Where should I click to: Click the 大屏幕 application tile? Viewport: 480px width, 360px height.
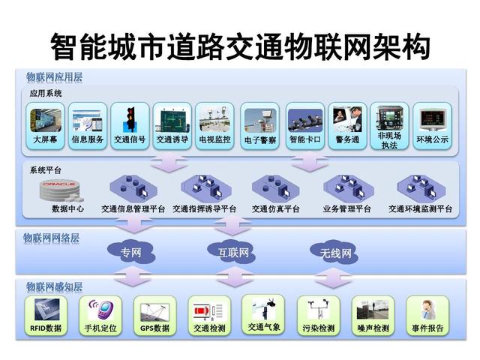coord(45,126)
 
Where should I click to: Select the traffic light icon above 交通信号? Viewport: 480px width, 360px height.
coord(130,120)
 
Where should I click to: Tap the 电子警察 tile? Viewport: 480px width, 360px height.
coord(260,126)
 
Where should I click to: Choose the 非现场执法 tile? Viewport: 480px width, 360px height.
coord(389,126)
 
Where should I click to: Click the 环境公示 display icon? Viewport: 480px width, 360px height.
coord(432,120)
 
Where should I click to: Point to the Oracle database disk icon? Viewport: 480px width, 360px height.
coord(61,190)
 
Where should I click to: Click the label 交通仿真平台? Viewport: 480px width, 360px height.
coord(275,208)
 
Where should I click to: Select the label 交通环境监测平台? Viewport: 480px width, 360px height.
coord(420,208)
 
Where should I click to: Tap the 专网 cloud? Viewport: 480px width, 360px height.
coord(131,252)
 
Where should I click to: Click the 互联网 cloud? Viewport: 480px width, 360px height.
coord(232,252)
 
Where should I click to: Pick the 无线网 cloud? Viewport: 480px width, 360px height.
coord(334,253)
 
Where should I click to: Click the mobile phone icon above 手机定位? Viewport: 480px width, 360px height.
coord(101,309)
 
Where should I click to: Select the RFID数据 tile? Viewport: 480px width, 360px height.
coord(46,316)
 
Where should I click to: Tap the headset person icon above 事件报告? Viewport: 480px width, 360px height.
coord(427,310)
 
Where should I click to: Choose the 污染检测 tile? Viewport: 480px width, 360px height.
coord(318,316)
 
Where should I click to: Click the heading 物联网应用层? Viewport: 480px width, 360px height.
coord(54,77)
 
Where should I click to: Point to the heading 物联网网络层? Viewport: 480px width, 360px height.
coord(52,238)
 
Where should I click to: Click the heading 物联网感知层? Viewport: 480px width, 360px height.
coord(54,286)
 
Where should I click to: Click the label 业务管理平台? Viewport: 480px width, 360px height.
coord(346,208)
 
